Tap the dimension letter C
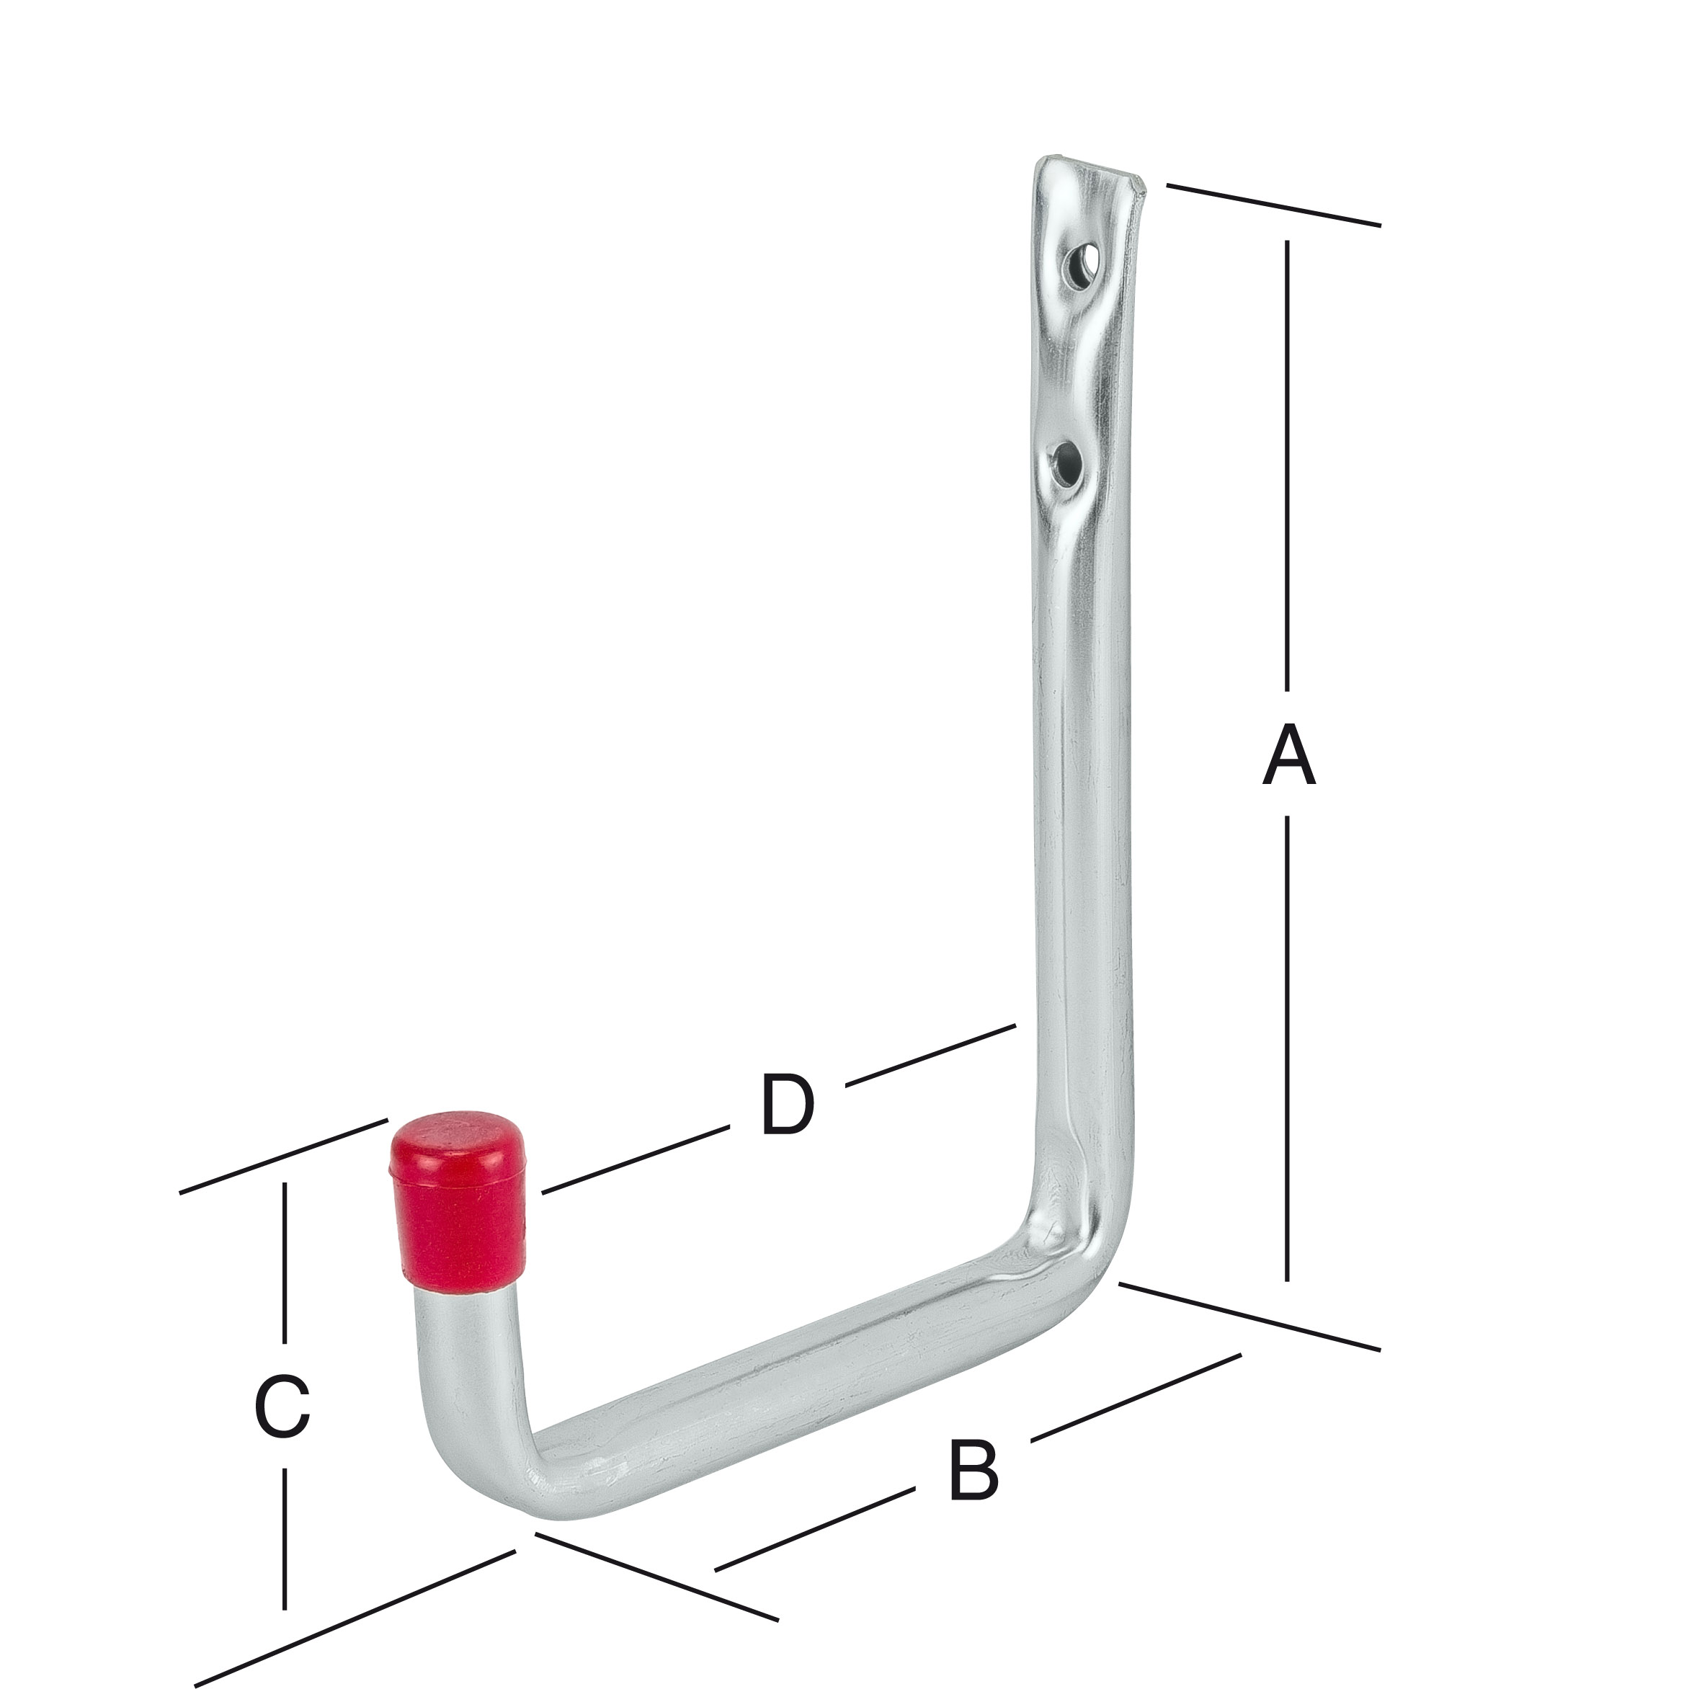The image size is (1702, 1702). (x=282, y=1406)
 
